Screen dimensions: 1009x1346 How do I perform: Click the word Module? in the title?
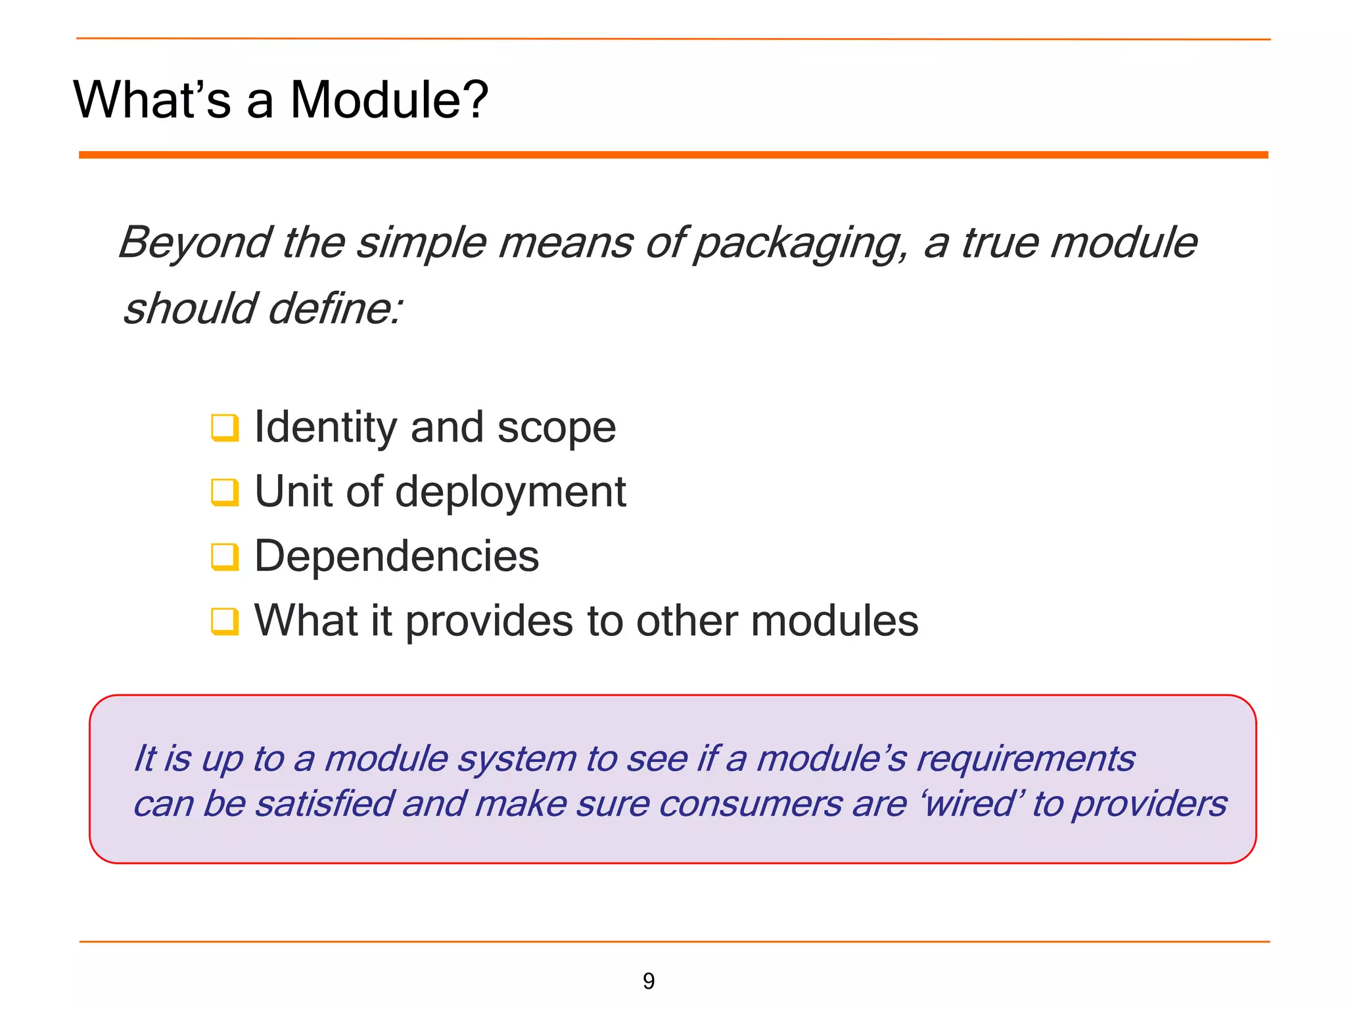coord(389,100)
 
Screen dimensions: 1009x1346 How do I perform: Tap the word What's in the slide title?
coord(152,100)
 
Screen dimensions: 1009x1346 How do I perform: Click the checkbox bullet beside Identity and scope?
coord(224,428)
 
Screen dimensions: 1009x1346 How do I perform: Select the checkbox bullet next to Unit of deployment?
coord(224,492)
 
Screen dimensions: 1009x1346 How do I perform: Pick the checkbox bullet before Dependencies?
coord(224,556)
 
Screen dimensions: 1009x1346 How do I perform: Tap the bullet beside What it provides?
coord(224,621)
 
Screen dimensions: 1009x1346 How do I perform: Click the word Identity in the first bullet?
coord(325,428)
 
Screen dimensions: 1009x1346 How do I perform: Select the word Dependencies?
coord(396,556)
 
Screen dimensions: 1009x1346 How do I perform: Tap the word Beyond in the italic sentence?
coord(195,242)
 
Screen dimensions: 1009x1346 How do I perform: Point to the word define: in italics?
coord(335,309)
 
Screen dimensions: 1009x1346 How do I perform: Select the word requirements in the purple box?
coord(1025,759)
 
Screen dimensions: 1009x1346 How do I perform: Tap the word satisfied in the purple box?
coord(324,804)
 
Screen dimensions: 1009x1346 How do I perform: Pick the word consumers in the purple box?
coord(750,805)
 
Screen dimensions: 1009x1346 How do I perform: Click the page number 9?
coord(649,981)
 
